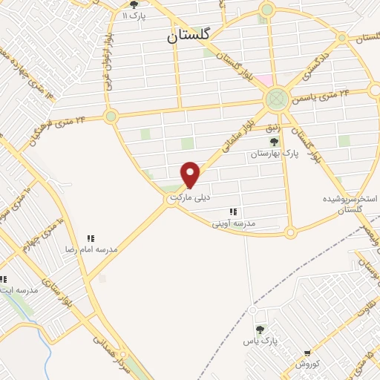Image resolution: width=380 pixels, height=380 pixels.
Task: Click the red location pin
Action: [191, 174]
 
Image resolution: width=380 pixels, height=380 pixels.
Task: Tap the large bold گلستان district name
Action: [188, 34]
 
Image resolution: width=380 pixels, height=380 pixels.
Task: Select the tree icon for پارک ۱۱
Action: [134, 4]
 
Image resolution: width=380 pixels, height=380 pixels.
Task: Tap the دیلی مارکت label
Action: [191, 198]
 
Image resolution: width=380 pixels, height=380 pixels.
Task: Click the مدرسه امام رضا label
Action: [91, 249]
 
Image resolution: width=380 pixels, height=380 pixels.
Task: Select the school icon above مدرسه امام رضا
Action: [91, 238]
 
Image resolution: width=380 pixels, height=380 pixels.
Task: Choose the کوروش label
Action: [307, 365]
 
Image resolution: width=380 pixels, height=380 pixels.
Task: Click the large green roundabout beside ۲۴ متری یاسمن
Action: [276, 98]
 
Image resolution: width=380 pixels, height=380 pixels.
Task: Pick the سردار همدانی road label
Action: [111, 356]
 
